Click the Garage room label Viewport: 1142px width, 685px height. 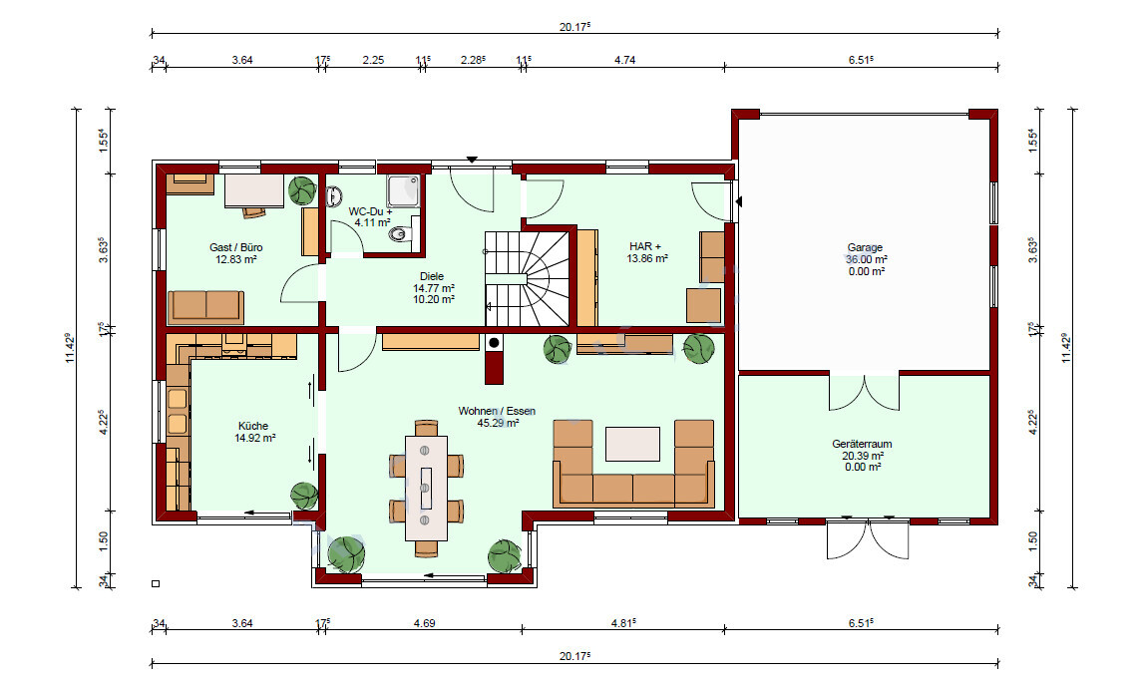coord(865,247)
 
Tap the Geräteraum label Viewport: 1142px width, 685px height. coord(862,444)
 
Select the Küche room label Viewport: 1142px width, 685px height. coord(253,426)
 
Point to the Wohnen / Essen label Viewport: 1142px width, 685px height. coord(497,411)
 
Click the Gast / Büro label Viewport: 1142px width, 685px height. coord(236,247)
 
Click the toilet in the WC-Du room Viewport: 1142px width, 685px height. coord(400,234)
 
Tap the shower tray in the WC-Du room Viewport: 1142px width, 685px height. coord(404,190)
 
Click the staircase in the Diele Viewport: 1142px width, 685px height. coord(527,279)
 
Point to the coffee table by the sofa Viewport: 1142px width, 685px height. coord(633,444)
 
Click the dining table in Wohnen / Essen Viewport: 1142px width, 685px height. coord(426,488)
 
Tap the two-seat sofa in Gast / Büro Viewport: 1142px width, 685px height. coord(206,306)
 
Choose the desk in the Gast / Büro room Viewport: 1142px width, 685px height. coord(253,190)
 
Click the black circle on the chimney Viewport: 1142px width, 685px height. coord(494,342)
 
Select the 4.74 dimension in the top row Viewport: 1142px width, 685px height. coord(625,61)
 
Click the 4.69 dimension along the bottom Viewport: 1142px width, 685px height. coord(424,623)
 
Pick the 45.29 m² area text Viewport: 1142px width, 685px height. coord(498,423)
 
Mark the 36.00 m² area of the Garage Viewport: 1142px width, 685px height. coord(866,259)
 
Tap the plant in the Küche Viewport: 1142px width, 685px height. coord(304,497)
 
